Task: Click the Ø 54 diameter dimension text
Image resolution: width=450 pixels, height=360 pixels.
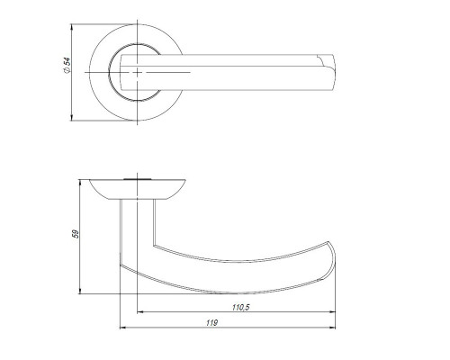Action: click(x=67, y=66)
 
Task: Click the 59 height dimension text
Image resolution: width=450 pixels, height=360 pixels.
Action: click(x=76, y=234)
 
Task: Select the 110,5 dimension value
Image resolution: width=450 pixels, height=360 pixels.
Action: click(x=241, y=308)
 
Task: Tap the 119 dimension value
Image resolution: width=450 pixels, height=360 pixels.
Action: click(x=211, y=323)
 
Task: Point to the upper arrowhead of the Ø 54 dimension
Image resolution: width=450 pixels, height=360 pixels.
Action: click(x=71, y=27)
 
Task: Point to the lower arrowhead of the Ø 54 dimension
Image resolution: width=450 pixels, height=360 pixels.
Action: click(x=71, y=118)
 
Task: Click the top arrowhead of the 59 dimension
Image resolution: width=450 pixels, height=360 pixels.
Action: click(x=80, y=183)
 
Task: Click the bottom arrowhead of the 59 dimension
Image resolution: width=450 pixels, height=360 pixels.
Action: click(x=80, y=291)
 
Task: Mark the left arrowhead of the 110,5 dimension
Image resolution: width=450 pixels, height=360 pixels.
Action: click(x=140, y=312)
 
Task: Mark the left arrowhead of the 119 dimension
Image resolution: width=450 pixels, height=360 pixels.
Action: click(x=123, y=328)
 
